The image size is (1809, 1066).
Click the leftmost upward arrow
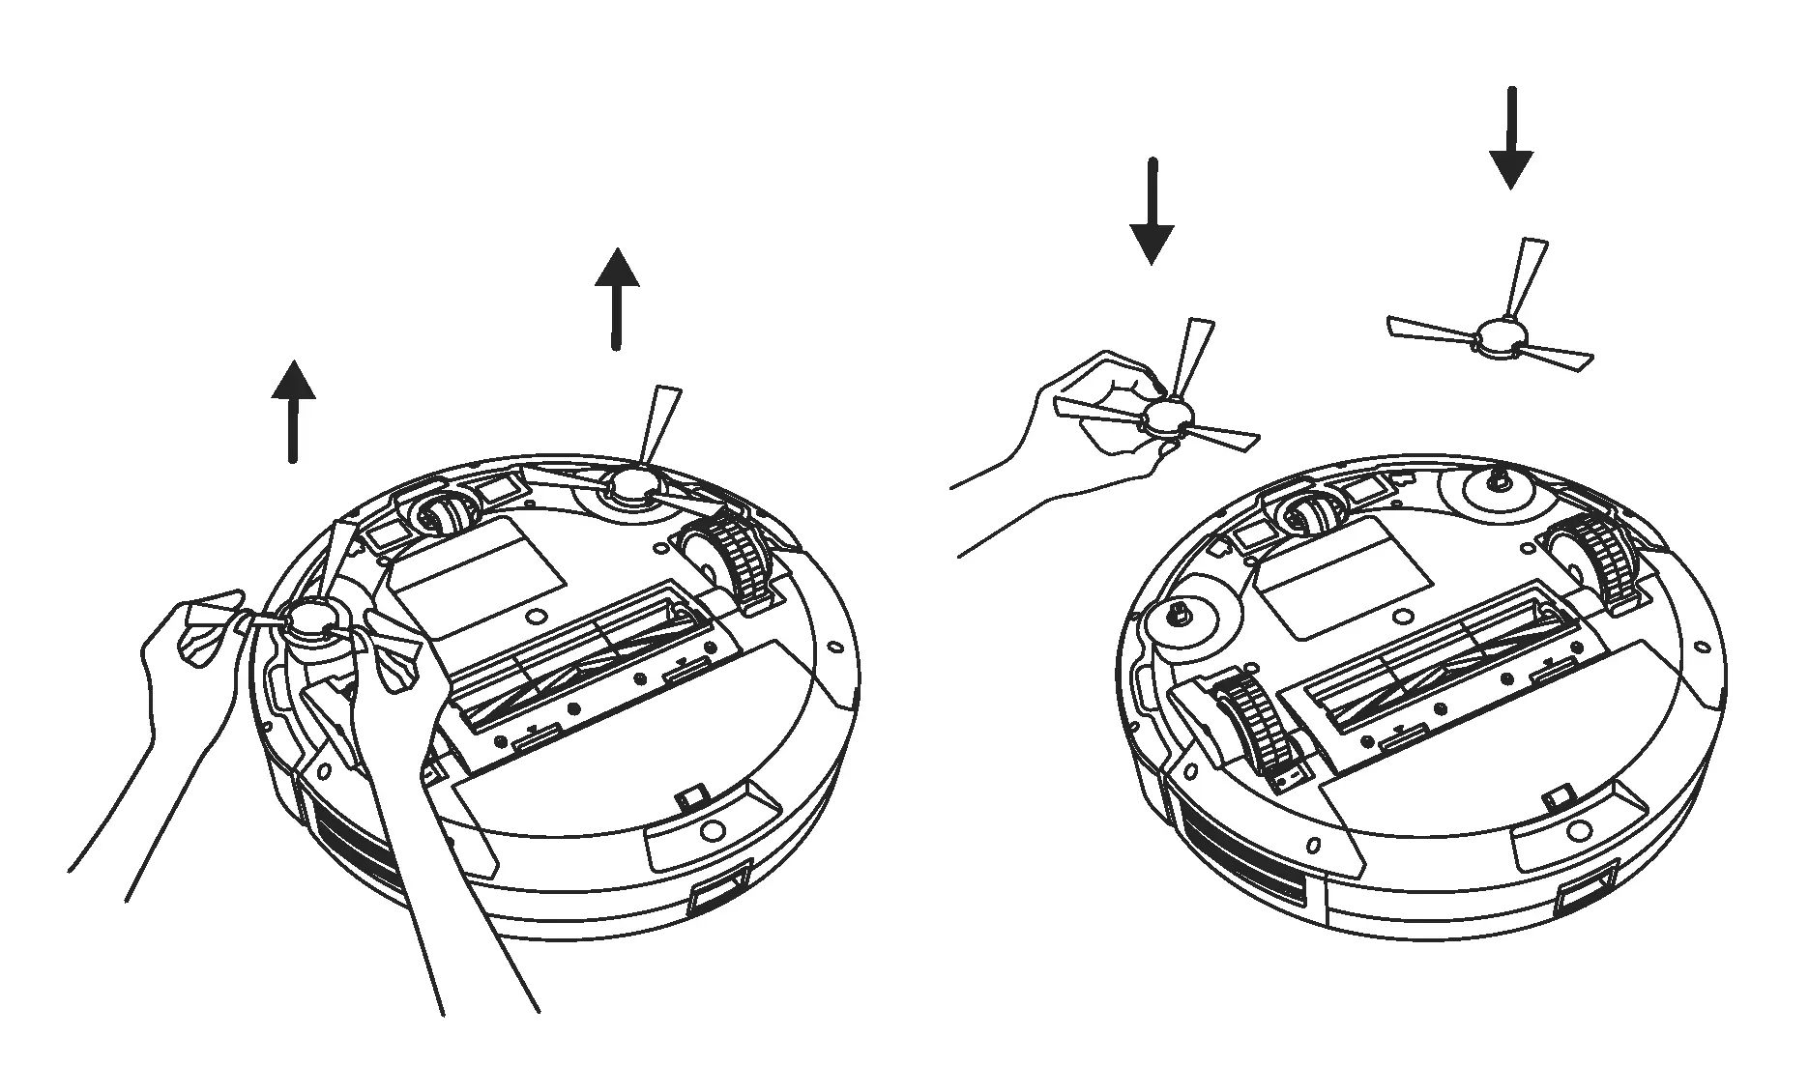293,411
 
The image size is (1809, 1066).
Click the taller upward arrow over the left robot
616,298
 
